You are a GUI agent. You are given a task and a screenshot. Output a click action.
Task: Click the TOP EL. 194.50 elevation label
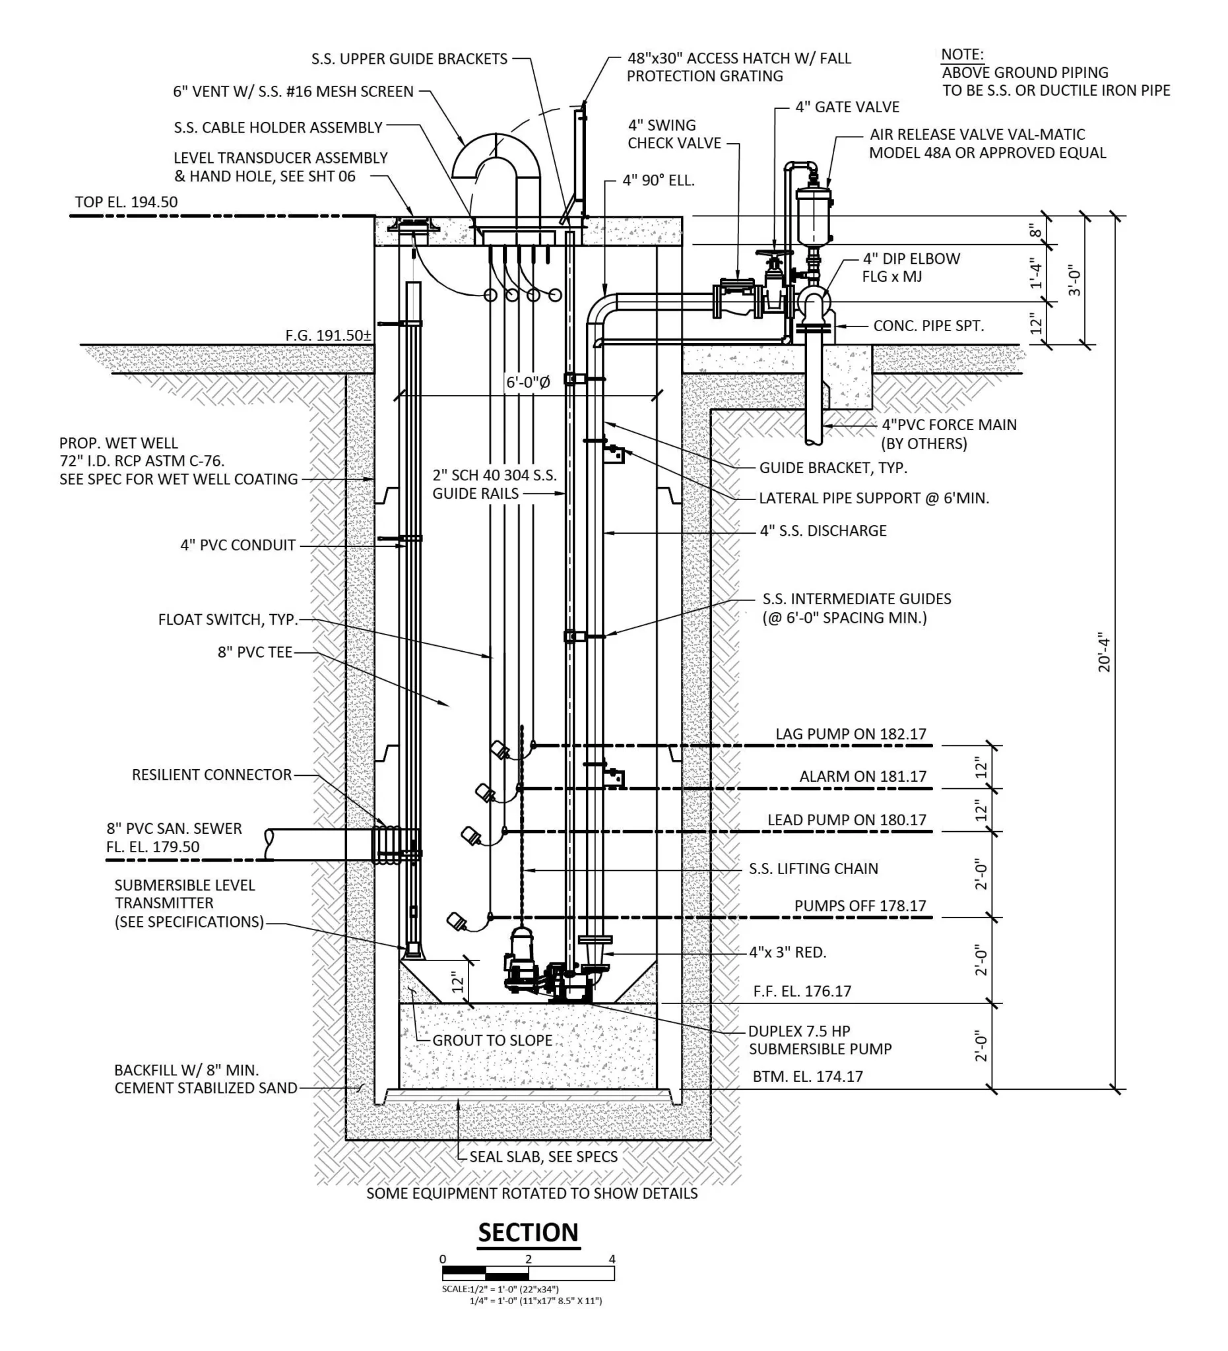[x=126, y=203]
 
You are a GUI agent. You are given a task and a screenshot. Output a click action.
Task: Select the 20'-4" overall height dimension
[x=1104, y=652]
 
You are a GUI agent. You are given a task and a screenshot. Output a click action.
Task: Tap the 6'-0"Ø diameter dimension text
[x=527, y=383]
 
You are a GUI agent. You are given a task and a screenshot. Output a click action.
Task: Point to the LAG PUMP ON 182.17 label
[x=851, y=734]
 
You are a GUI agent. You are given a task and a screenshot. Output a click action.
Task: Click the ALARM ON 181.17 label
[x=862, y=776]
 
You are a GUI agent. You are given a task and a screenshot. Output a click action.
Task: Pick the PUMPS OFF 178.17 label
[x=860, y=906]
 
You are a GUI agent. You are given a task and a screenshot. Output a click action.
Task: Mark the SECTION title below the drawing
[x=528, y=1233]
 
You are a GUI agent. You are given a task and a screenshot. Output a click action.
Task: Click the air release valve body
[x=813, y=216]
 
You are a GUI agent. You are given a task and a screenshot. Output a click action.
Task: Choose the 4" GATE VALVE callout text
[x=847, y=108]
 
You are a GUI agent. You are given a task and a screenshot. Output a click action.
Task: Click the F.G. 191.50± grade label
[x=328, y=336]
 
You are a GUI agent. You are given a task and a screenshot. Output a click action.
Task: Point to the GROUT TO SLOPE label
[x=492, y=1041]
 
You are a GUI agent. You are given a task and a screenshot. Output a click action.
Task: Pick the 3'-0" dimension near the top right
[x=1074, y=281]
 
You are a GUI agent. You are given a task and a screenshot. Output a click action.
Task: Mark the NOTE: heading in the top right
[x=962, y=55]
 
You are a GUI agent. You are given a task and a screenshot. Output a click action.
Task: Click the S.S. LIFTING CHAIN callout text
[x=813, y=869]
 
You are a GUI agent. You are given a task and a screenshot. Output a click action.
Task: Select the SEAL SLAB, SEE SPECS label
[x=543, y=1157]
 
